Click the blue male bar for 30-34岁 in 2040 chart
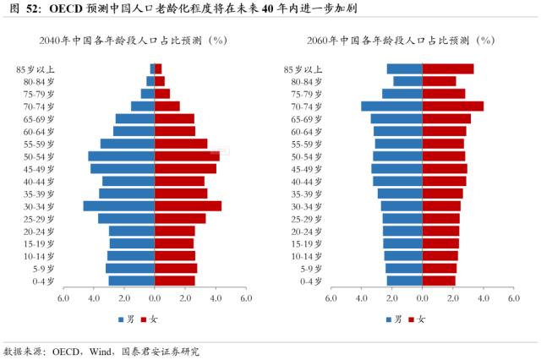(118, 206)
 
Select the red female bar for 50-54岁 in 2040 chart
(187, 156)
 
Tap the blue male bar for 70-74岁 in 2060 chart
(391, 106)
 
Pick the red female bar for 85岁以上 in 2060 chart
(448, 69)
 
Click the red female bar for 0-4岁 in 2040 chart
(175, 281)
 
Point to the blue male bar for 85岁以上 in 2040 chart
(152, 69)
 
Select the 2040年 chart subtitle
(133, 40)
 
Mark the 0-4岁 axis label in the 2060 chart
(309, 281)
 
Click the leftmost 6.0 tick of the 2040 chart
(63, 298)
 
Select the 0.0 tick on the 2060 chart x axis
(422, 298)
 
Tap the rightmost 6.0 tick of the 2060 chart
(513, 298)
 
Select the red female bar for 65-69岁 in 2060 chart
(446, 119)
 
